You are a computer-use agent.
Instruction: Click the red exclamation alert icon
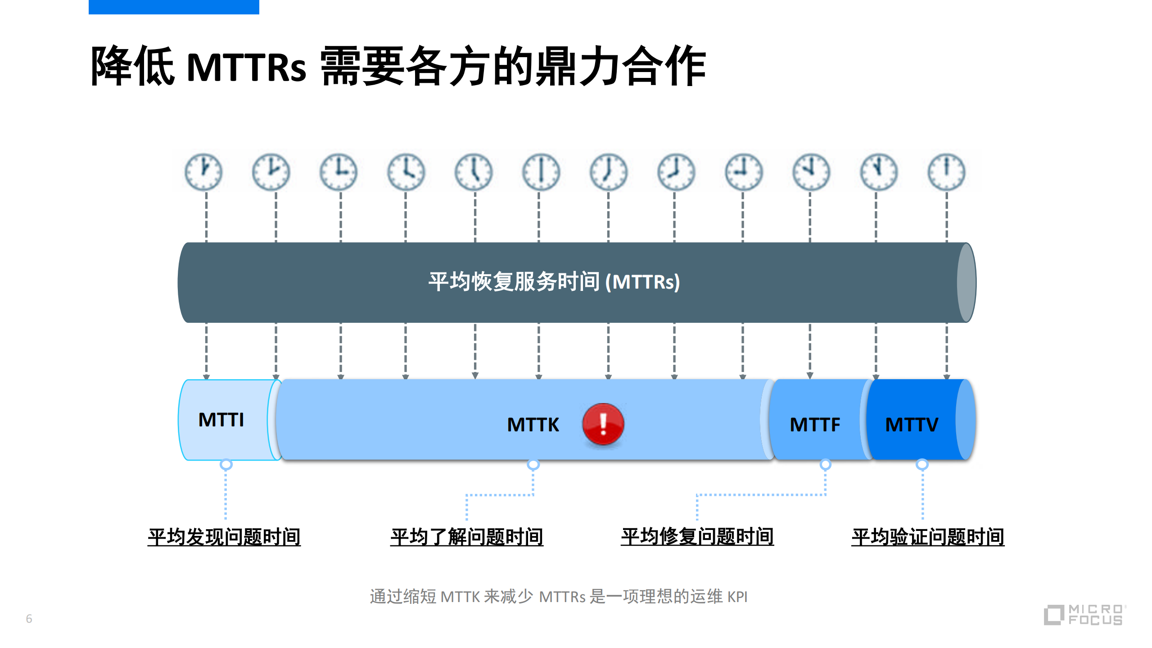(x=603, y=424)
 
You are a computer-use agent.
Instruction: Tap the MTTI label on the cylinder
(x=221, y=420)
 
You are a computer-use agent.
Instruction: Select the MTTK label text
(x=533, y=425)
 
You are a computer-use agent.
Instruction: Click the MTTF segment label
(x=815, y=425)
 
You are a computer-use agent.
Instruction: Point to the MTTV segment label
(x=912, y=425)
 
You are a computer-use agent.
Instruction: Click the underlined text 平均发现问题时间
(x=224, y=537)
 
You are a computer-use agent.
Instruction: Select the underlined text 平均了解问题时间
(x=467, y=537)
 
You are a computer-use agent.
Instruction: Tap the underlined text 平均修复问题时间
(x=697, y=537)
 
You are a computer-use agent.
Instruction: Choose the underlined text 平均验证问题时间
(x=928, y=537)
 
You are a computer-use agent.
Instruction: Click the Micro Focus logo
(x=1084, y=615)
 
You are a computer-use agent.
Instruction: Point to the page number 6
(x=29, y=619)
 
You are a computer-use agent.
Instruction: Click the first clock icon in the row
(x=203, y=172)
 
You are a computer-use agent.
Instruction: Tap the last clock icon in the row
(x=946, y=172)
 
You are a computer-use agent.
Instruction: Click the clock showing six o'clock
(x=541, y=172)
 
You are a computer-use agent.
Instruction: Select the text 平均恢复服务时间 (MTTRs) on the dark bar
(x=554, y=282)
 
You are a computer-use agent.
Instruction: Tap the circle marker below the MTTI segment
(x=226, y=464)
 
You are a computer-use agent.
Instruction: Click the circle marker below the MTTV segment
(x=922, y=464)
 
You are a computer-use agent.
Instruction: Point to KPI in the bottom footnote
(x=737, y=597)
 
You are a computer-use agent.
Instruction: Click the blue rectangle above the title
(x=174, y=7)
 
